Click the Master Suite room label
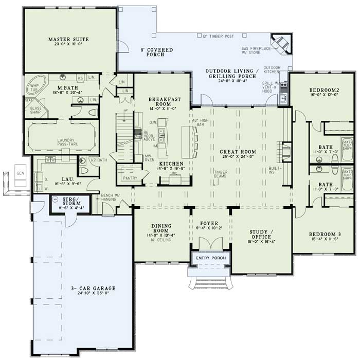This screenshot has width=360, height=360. (x=68, y=39)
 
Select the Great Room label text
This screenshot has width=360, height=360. (x=236, y=152)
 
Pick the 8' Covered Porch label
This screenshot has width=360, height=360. (x=157, y=53)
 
